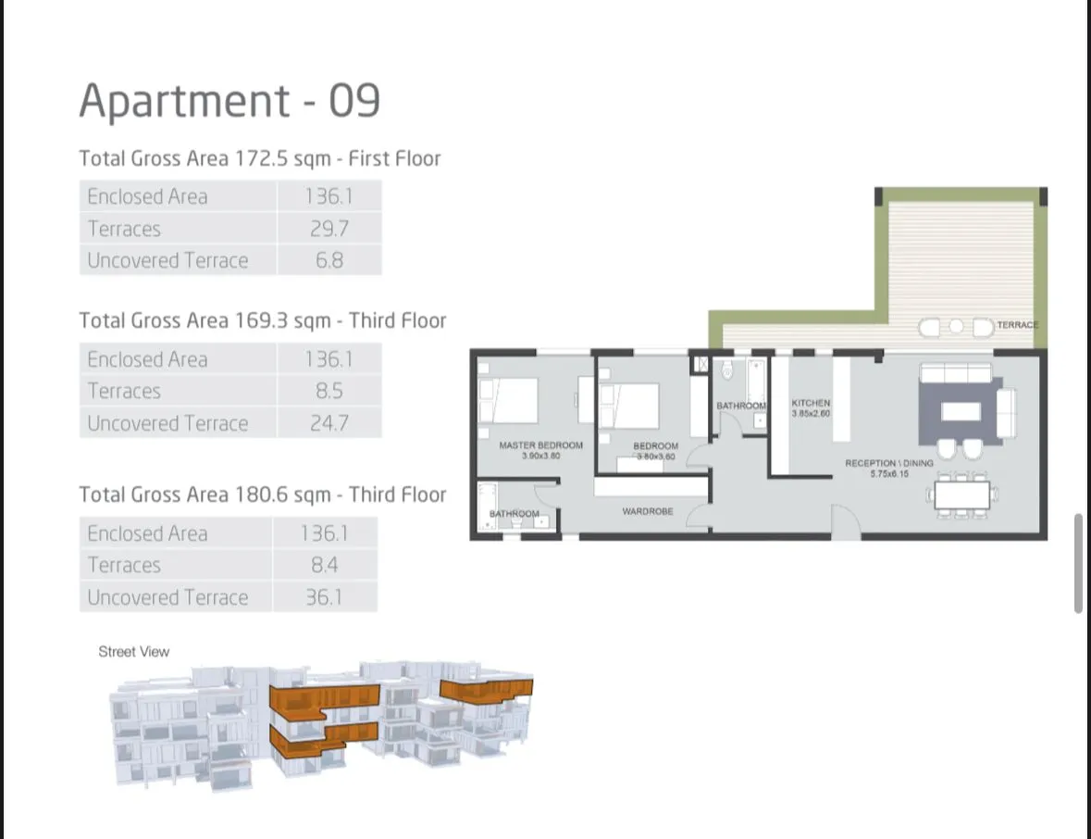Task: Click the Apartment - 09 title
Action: coord(229,101)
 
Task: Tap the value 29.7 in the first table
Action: coord(329,229)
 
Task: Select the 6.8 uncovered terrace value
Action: coord(329,260)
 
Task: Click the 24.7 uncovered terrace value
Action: coord(329,423)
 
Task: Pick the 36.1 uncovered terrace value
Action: coord(324,597)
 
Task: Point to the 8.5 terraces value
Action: coord(329,391)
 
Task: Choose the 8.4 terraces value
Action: coord(324,565)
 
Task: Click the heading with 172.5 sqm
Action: coord(260,158)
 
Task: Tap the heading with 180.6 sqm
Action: coord(263,495)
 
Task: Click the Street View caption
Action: coord(134,652)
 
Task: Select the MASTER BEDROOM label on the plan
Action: coord(540,445)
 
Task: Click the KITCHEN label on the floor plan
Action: coord(811,404)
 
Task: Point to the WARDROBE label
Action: coord(648,511)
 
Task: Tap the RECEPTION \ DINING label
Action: coord(888,463)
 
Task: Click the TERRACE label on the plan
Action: coord(1018,325)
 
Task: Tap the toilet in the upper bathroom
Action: coord(727,371)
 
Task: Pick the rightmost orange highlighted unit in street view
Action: coord(486,691)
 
